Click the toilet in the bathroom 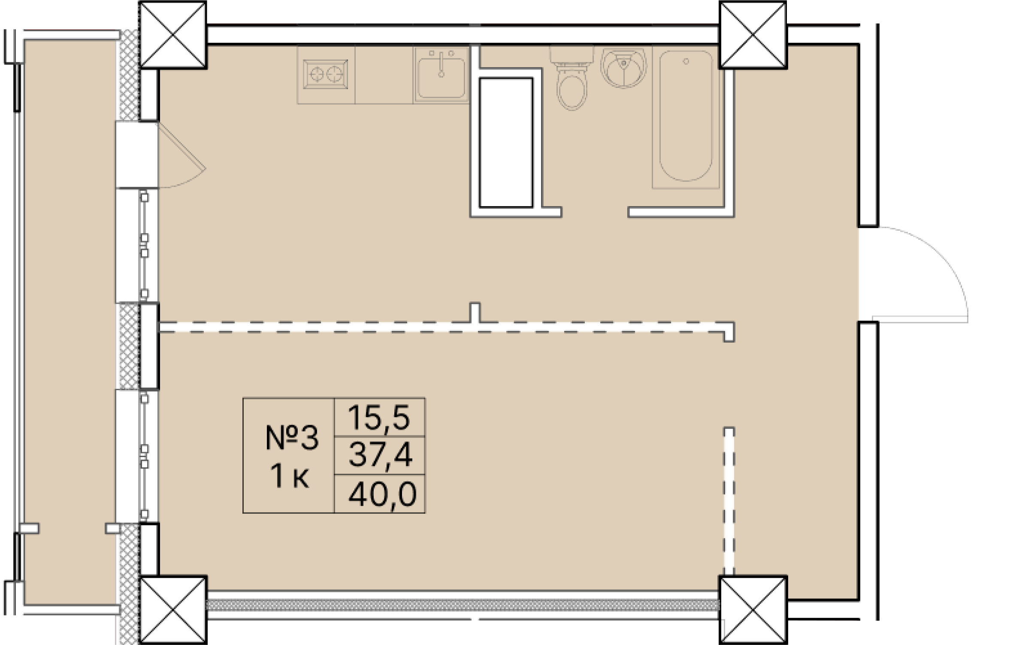(572, 86)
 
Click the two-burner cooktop (325, 75)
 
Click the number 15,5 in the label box (379, 418)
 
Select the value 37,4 (380, 455)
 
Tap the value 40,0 (382, 494)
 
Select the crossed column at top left (173, 35)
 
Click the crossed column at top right (753, 35)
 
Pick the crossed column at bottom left (173, 610)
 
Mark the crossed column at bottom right (753, 610)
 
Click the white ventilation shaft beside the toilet (506, 142)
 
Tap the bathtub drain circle (686, 61)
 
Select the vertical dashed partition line (729, 502)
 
